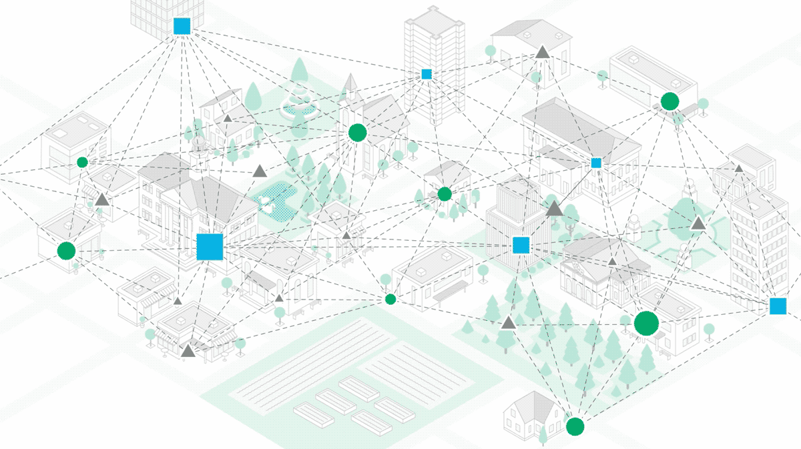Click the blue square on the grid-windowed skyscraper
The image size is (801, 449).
click(182, 26)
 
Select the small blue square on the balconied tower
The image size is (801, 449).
click(427, 74)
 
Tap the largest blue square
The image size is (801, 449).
click(209, 247)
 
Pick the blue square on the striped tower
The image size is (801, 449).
click(521, 246)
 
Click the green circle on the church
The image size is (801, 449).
click(357, 133)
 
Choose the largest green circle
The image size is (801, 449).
click(646, 324)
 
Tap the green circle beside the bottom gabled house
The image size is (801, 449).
click(575, 426)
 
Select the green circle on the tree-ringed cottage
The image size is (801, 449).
click(445, 194)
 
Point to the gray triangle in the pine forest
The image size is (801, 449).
click(509, 324)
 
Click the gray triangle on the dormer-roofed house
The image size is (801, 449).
click(543, 51)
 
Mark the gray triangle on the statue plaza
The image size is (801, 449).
click(698, 223)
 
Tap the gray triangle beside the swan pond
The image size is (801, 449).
click(260, 171)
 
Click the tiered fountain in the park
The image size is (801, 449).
click(298, 104)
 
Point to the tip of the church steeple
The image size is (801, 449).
click(348, 75)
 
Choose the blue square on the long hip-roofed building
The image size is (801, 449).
click(596, 163)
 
